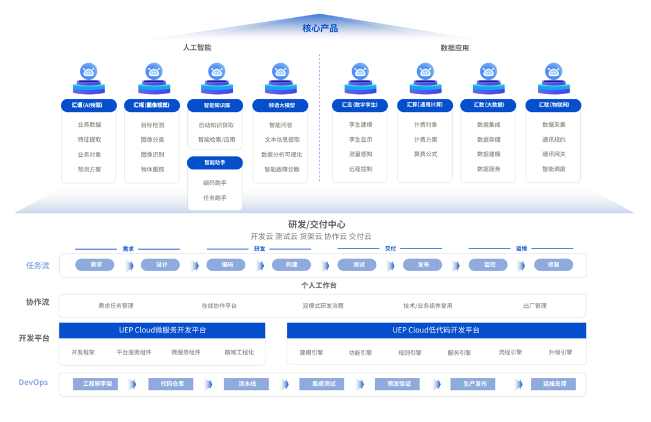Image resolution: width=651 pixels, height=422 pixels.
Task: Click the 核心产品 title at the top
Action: [x=320, y=28]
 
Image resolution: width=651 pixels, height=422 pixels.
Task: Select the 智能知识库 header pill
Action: [x=217, y=106]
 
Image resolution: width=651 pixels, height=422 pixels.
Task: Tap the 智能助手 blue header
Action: [x=215, y=162]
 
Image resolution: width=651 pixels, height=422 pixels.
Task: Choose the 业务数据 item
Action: [x=89, y=125]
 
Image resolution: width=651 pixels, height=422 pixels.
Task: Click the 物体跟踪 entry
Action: [x=152, y=169]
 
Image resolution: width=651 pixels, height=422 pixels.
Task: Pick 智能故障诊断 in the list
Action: [x=282, y=169]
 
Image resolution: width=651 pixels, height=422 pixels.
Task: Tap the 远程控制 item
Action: [x=360, y=169]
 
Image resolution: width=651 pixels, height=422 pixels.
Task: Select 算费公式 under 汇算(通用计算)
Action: [x=425, y=154]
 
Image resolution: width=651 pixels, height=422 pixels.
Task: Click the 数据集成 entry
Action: [x=488, y=125]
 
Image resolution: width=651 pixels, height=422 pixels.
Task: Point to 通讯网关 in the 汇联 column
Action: [x=553, y=154]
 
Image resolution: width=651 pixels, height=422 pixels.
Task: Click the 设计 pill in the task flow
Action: [x=162, y=265]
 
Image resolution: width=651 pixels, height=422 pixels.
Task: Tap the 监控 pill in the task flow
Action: [x=490, y=265]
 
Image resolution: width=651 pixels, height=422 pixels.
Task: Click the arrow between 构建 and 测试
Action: [x=325, y=265]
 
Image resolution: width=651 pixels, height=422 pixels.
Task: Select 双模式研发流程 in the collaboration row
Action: [x=323, y=306]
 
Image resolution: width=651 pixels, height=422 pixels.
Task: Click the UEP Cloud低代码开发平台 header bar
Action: [x=436, y=330]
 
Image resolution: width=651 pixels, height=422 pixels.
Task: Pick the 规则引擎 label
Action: [x=410, y=353]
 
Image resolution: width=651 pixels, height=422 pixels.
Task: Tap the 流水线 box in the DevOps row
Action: [x=246, y=384]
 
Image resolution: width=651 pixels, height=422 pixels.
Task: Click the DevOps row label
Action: [x=33, y=382]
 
